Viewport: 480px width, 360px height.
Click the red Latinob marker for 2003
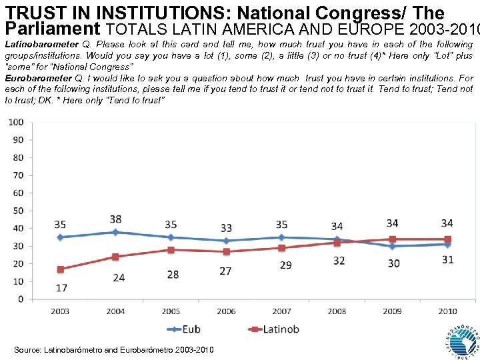(61, 269)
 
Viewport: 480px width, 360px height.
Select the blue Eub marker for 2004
(116, 232)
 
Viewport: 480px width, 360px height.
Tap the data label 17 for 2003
(61, 288)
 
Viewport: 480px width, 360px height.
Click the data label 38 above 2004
(116, 219)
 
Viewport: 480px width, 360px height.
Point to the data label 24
(118, 277)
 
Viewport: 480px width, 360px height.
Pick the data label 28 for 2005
(173, 275)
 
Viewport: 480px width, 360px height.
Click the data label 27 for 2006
(226, 271)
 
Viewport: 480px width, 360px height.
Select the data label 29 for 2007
(285, 265)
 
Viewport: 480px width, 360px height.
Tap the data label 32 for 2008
(339, 260)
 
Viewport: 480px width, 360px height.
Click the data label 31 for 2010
(447, 259)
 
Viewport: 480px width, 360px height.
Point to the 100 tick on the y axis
(16, 122)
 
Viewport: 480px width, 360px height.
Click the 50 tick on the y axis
(18, 211)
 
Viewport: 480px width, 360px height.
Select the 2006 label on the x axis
(226, 311)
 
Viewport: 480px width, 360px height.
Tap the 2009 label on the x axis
(392, 311)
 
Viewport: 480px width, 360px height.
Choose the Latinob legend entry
(274, 329)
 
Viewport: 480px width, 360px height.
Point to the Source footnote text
(113, 349)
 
